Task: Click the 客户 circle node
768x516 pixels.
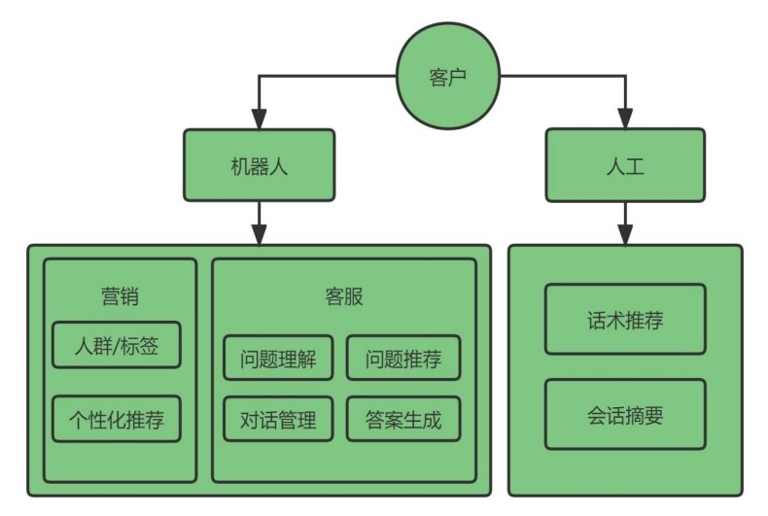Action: (x=447, y=77)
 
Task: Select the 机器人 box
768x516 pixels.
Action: (x=260, y=165)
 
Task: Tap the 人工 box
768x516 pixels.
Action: (x=625, y=165)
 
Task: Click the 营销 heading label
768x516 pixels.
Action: (x=120, y=296)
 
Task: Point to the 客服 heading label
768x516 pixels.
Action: (x=344, y=296)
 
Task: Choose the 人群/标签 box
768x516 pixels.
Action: (x=117, y=345)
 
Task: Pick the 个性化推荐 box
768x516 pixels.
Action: (x=117, y=419)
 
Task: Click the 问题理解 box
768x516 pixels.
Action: (x=278, y=358)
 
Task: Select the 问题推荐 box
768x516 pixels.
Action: (x=403, y=358)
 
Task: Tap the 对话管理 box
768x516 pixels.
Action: (x=278, y=419)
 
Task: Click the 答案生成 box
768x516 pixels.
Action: (x=403, y=419)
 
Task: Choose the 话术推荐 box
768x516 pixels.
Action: (x=625, y=319)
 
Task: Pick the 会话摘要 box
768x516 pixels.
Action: (x=625, y=414)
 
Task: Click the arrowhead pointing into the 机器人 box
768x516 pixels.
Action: (x=260, y=119)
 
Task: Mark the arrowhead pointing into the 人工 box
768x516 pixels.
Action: (x=625, y=119)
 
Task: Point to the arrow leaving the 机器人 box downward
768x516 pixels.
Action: (x=260, y=224)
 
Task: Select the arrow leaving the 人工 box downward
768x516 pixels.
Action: (x=625, y=224)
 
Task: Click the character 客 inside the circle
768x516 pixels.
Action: (x=438, y=78)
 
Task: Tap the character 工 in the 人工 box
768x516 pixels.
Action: (x=635, y=166)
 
